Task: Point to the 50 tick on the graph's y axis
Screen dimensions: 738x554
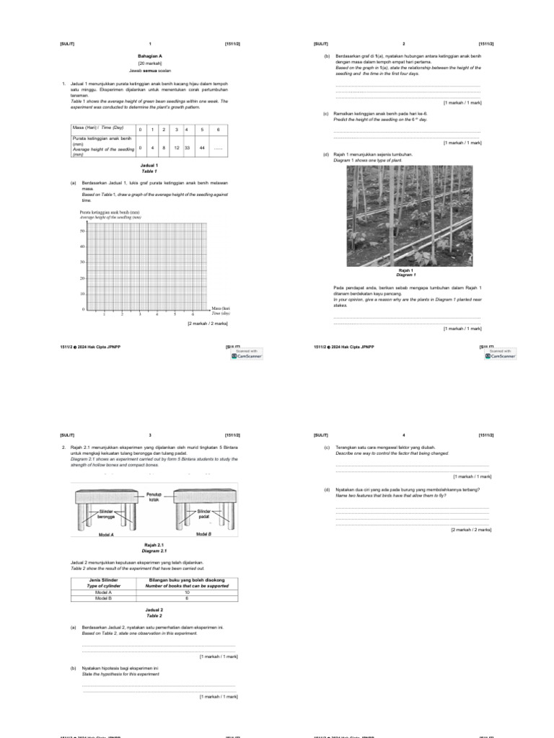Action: [82, 231]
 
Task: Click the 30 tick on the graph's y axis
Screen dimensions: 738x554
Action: [82, 262]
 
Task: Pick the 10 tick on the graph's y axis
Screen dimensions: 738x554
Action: [82, 294]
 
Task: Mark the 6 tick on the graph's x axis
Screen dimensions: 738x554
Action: [193, 314]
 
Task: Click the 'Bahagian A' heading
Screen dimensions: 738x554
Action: [150, 55]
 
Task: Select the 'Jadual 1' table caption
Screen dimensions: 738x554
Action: [150, 166]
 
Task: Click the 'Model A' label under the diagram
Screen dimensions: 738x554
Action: [107, 534]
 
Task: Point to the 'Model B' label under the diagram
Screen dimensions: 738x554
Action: [205, 534]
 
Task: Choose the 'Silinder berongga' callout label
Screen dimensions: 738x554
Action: [107, 514]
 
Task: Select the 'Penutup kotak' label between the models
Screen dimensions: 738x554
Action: [154, 497]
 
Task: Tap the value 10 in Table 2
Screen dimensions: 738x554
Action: [187, 592]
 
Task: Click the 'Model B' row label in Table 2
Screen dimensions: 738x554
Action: [103, 598]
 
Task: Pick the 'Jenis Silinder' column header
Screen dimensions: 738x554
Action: [103, 580]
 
